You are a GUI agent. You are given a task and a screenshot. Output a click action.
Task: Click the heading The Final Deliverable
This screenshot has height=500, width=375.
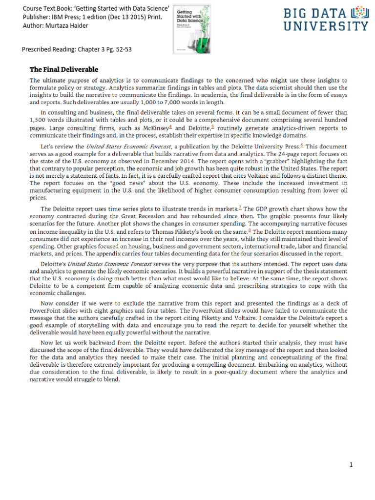coord(63,69)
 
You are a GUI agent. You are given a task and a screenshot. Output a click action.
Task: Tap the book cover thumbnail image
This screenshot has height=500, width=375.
coord(190,27)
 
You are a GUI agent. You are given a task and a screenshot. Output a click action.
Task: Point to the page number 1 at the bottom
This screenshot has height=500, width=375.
coord(351,464)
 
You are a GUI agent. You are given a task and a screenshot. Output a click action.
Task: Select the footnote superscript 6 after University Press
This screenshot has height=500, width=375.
coord(302,145)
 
